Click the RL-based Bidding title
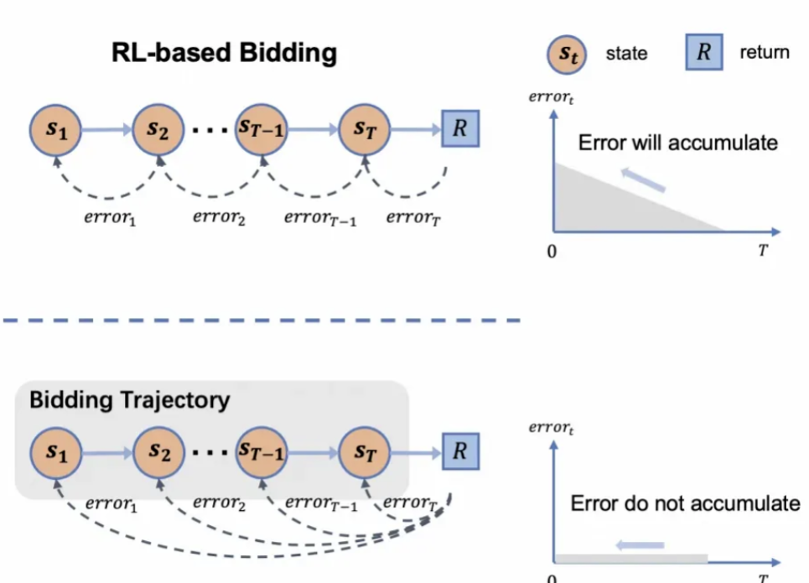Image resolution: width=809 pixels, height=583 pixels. (x=224, y=54)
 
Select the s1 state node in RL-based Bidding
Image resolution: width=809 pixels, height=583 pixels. (x=55, y=130)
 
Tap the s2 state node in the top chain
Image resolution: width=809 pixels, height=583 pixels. (x=158, y=130)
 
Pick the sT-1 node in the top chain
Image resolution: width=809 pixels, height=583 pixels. (x=262, y=130)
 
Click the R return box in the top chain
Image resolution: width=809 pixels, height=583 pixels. (x=459, y=130)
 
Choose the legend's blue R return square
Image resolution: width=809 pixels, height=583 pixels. (x=704, y=52)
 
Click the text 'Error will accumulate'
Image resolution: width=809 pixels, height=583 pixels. (x=677, y=143)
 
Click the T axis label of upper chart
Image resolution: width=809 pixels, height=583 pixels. (x=763, y=251)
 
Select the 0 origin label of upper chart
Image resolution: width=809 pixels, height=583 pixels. (x=552, y=252)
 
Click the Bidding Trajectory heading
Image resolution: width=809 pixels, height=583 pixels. (x=129, y=400)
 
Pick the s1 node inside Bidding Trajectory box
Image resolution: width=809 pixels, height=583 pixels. (x=55, y=453)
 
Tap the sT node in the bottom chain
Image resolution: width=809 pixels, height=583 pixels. (x=365, y=453)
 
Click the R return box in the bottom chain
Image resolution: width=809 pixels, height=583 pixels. (x=459, y=452)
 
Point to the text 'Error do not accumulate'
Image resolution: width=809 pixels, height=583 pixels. (x=685, y=503)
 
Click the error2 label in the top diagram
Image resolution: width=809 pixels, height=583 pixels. (x=219, y=218)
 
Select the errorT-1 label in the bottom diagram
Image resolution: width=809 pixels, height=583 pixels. (x=321, y=503)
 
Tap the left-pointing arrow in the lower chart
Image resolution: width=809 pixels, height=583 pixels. (x=641, y=544)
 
